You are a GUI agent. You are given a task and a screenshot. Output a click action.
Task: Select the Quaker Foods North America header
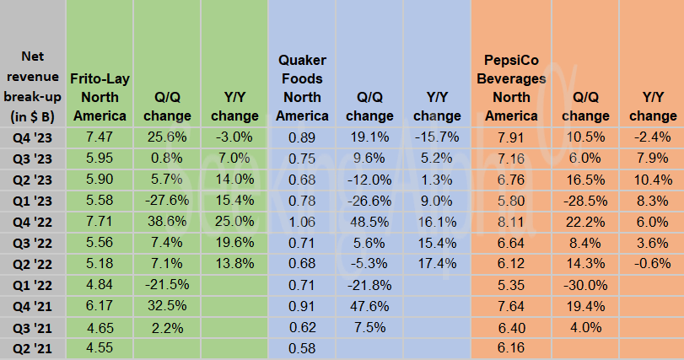303,88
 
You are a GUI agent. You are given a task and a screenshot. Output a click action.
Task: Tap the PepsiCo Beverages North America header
514,88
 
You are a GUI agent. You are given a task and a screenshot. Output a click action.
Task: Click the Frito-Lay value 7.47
99,135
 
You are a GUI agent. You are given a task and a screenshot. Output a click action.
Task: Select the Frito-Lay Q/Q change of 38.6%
164,221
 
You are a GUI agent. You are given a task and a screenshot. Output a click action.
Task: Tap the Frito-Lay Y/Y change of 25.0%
234,221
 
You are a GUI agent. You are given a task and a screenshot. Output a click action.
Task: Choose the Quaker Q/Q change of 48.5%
369,221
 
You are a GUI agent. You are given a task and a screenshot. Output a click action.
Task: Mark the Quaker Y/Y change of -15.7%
436,135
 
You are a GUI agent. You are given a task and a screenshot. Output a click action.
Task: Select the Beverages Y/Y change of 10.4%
651,178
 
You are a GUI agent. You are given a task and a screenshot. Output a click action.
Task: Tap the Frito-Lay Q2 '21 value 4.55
99,349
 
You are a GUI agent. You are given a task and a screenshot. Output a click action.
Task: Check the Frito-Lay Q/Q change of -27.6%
164,199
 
